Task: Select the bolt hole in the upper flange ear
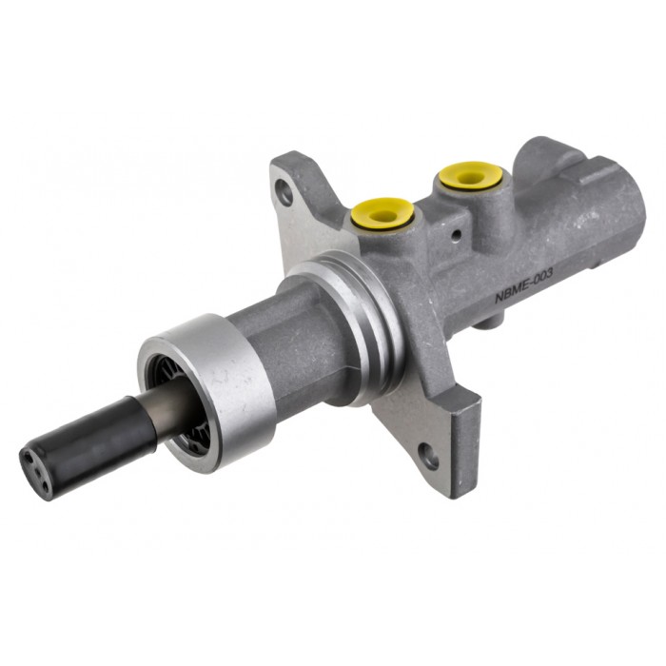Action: (x=284, y=194)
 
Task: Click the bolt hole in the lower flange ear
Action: (x=430, y=457)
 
